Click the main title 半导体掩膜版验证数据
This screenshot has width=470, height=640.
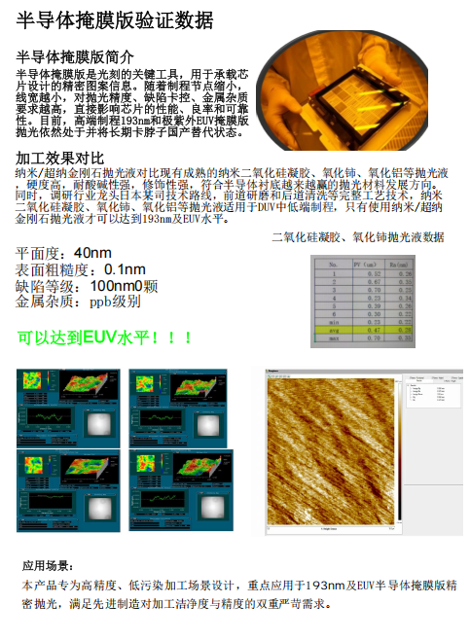[116, 20]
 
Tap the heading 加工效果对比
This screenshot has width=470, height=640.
[60, 158]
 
